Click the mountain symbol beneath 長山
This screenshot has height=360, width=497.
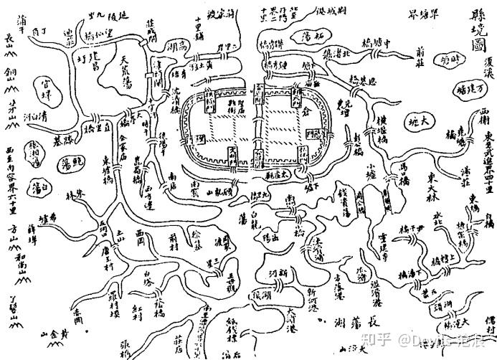tap(9, 49)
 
